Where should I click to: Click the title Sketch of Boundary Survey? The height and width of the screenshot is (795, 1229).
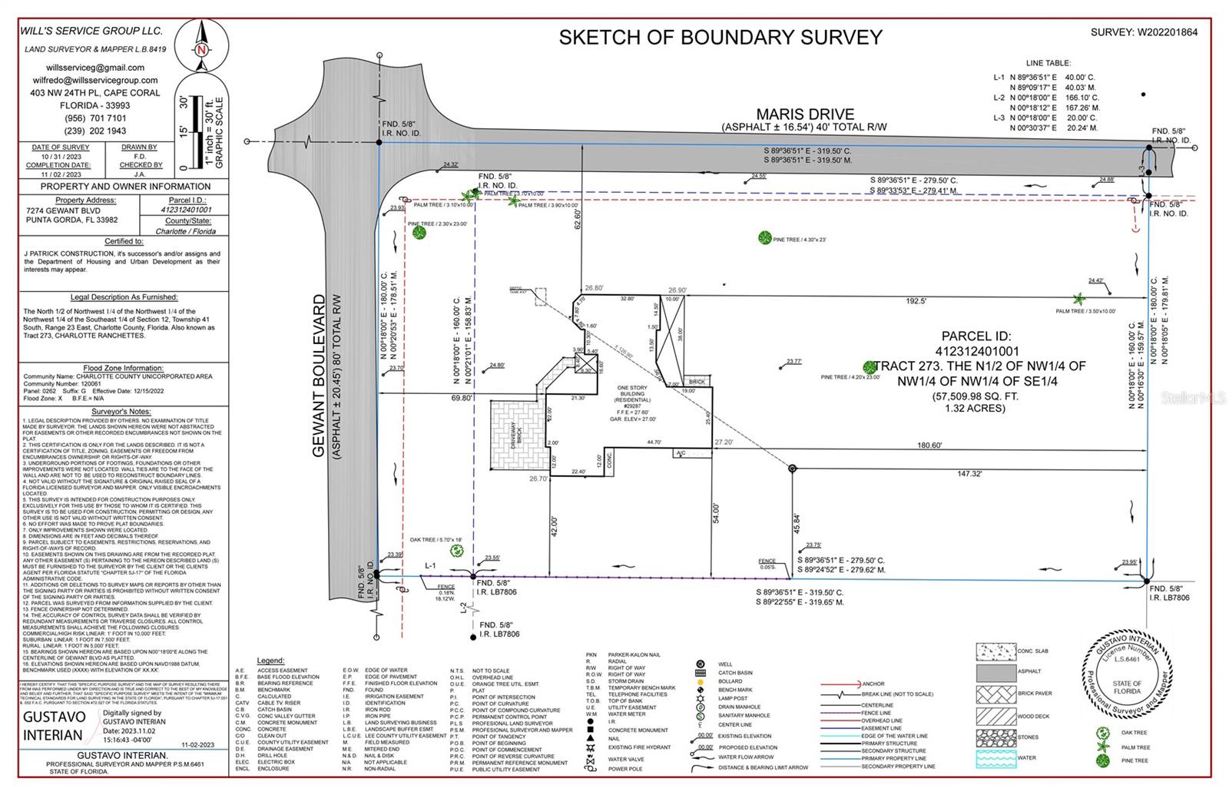pos(721,37)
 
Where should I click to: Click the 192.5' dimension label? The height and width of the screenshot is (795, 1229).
pos(916,302)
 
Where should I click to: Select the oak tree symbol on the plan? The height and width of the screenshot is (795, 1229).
pos(457,550)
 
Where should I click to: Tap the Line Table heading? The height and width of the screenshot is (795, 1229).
pos(1048,63)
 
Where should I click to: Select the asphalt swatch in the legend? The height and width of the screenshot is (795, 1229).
pos(995,673)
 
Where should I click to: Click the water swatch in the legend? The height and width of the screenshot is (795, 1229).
pos(995,759)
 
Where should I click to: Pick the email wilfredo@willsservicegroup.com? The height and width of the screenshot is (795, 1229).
pos(95,80)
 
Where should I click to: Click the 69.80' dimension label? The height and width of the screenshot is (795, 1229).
pos(461,398)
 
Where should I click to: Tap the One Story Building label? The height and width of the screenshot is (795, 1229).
pos(632,393)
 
